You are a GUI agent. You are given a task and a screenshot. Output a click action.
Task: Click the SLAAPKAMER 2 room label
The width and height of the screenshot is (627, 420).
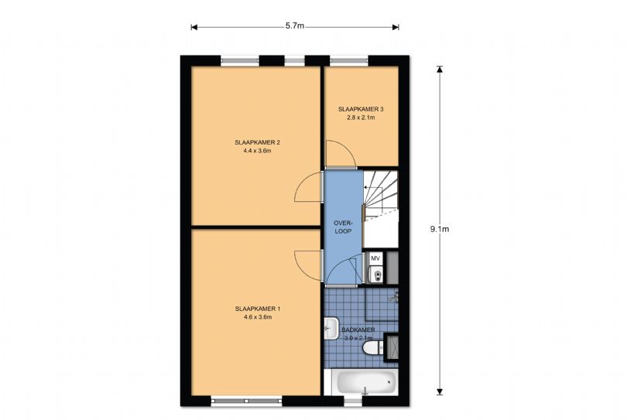[x=257, y=142]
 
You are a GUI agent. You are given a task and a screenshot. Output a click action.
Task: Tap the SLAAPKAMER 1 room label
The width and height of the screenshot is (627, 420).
[x=257, y=309]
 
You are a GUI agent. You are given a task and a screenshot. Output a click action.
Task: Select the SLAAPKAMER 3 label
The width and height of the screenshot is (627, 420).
[x=361, y=109]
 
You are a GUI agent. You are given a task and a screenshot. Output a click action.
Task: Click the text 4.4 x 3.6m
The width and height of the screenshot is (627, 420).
[x=257, y=152]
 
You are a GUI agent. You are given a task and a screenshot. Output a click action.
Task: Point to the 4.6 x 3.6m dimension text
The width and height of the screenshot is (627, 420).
[x=257, y=317]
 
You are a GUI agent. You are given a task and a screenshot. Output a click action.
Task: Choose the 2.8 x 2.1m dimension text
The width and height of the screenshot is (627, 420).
[x=361, y=118]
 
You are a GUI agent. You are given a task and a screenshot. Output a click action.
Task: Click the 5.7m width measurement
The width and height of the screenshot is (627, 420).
[x=294, y=26]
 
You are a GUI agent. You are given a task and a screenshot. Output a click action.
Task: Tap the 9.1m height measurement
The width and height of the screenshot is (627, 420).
[x=440, y=229]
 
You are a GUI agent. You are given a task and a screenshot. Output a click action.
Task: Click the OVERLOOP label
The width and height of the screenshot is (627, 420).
[x=343, y=226]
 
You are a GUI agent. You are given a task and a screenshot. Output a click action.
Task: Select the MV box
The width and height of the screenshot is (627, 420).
[x=375, y=258]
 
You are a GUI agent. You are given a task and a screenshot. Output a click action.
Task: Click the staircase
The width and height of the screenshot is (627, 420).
[x=381, y=197]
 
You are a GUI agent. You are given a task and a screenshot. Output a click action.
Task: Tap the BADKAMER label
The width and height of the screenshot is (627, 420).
[x=358, y=330]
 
